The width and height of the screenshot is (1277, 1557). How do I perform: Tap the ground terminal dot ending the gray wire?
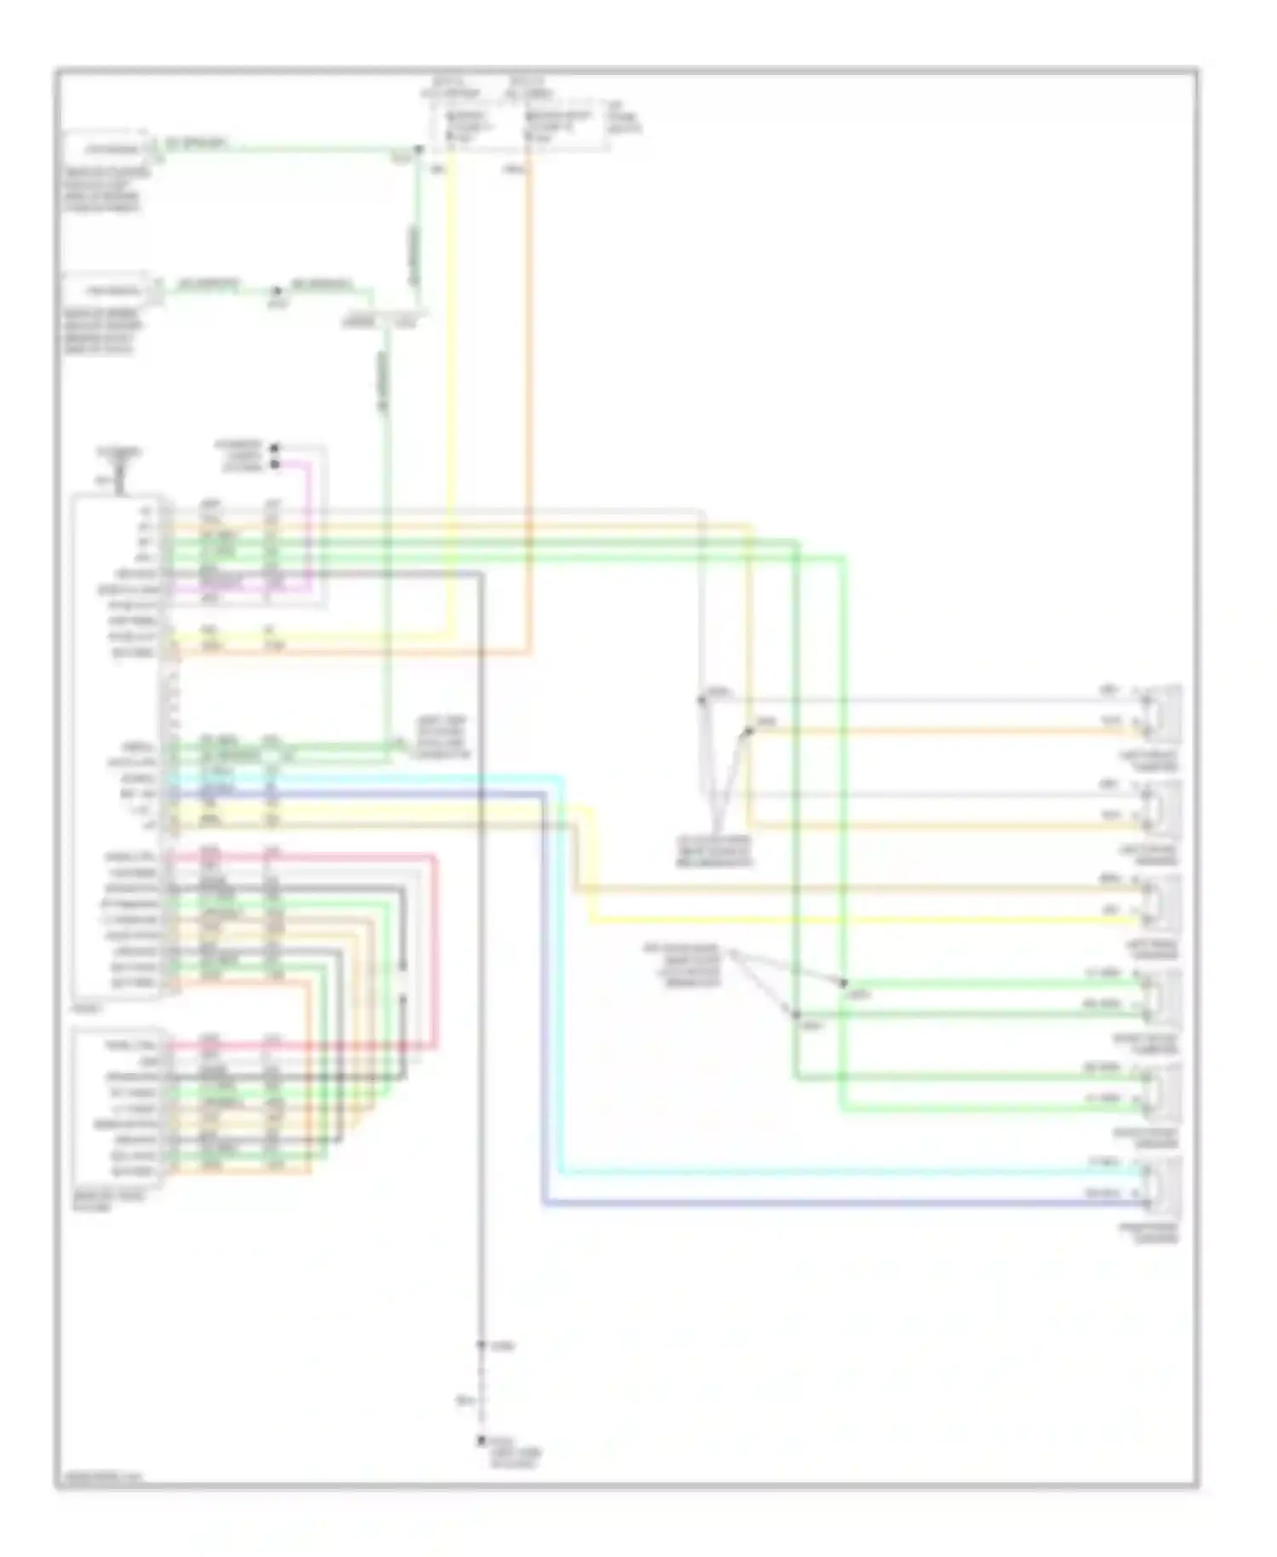481,1439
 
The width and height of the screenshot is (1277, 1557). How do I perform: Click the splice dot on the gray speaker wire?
701,700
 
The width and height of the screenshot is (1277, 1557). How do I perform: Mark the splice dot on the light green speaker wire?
844,984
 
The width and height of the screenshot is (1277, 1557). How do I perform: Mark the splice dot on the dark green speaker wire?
797,1014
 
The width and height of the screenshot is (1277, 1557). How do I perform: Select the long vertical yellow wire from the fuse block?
451,383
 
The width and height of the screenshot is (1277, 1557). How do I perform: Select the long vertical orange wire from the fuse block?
529,383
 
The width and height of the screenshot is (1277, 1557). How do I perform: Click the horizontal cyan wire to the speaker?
851,1172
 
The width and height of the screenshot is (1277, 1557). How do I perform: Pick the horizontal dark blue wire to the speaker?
851,1204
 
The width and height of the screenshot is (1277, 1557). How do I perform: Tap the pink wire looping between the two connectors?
435,954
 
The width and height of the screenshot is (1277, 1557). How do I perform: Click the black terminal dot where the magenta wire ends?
274,464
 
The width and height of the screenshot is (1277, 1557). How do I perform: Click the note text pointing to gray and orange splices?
714,851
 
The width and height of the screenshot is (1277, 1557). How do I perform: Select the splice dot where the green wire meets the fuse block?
418,149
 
